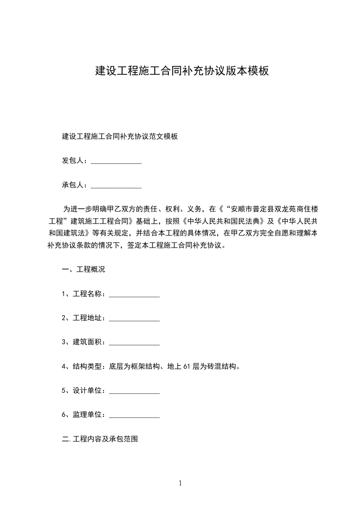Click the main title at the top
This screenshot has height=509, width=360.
click(x=182, y=71)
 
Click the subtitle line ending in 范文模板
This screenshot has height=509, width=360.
click(x=119, y=136)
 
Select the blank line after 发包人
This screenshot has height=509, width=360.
click(x=116, y=162)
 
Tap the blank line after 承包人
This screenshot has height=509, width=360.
click(x=116, y=186)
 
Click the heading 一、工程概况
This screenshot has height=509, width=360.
click(x=84, y=269)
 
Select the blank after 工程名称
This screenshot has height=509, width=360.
click(x=134, y=295)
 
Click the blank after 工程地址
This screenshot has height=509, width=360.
click(x=134, y=319)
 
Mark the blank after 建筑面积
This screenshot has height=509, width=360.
click(x=134, y=343)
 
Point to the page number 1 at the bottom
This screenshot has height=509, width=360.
click(x=180, y=484)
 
